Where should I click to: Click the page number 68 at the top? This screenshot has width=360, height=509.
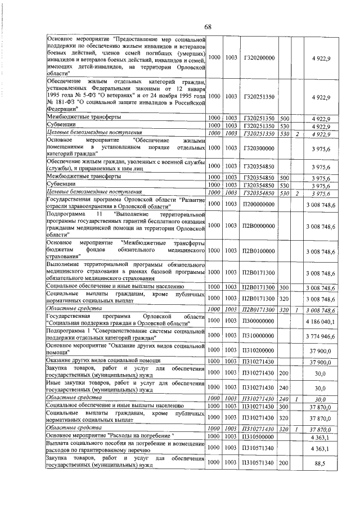208,27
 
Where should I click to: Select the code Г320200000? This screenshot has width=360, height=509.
259,58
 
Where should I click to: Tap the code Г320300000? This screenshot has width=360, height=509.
259,148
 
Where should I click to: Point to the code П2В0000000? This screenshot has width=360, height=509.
259,226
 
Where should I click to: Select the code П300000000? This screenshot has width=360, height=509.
259,321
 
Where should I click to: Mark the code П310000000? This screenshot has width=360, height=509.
259,336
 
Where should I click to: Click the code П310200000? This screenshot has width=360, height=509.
259,350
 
